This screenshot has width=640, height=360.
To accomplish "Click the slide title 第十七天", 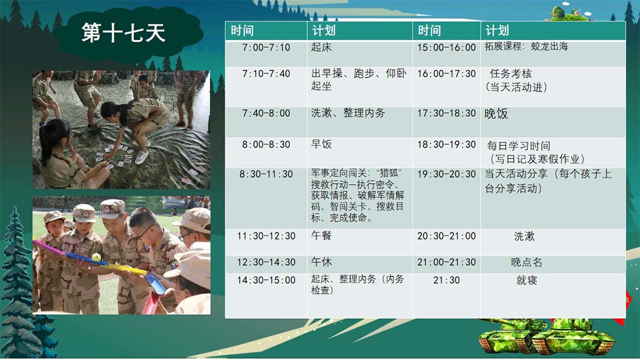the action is click(123, 33).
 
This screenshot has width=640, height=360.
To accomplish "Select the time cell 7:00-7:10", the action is click(266, 47).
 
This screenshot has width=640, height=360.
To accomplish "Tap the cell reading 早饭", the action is click(321, 144).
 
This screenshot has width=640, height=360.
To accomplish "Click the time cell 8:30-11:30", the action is click(266, 174).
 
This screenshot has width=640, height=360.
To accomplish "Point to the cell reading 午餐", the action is click(321, 236).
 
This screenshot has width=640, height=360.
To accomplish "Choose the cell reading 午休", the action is click(321, 262).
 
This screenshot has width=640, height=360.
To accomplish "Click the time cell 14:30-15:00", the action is click(266, 280).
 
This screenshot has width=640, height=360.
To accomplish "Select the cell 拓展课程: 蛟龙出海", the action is click(526, 46).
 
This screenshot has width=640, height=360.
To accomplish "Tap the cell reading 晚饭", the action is click(496, 113).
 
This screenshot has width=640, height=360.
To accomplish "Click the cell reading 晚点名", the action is click(527, 262).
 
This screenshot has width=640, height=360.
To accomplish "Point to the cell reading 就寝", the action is click(527, 280).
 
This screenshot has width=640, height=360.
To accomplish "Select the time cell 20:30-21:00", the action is click(446, 236).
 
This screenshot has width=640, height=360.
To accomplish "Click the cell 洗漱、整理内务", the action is click(348, 113).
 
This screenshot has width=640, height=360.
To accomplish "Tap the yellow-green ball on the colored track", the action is click(97, 257).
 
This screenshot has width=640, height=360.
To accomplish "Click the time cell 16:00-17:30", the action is click(446, 73).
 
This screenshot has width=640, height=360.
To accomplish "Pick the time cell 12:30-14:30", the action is click(266, 262).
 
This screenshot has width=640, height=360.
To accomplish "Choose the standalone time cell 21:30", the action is click(446, 280).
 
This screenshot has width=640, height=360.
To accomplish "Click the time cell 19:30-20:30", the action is click(446, 174).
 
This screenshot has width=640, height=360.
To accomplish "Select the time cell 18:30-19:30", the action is click(446, 144).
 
